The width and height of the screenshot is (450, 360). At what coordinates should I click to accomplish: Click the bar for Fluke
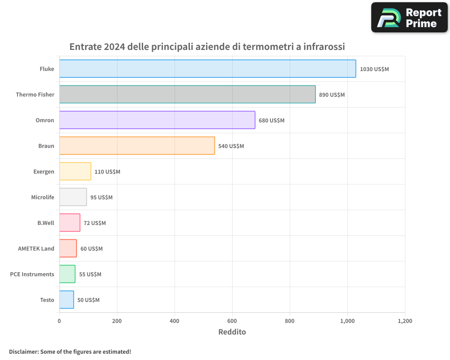[207, 69]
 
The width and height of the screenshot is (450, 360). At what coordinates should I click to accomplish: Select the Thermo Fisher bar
[187, 94]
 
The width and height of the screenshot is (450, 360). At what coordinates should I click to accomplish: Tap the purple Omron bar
[157, 120]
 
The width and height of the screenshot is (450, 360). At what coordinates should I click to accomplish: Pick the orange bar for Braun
[137, 146]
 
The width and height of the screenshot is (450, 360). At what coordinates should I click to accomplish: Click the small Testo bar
[67, 300]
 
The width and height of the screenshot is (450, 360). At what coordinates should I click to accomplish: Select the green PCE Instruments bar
[67, 274]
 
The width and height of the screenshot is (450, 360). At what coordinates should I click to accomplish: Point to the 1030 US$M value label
[374, 69]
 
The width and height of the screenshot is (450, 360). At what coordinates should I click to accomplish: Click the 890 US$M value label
[332, 95]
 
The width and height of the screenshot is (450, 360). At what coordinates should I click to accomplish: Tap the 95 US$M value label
[101, 198]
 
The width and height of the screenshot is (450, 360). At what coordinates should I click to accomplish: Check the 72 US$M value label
[94, 223]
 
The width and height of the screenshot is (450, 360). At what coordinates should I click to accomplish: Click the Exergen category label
[44, 171]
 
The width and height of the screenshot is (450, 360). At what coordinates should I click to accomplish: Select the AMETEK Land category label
[36, 248]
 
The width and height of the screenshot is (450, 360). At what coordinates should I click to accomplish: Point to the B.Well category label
[45, 223]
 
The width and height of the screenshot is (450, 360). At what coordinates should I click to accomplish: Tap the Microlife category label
[43, 197]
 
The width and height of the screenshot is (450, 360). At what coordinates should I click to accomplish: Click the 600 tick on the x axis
[232, 321]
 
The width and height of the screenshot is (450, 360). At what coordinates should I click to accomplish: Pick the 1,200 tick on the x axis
[405, 321]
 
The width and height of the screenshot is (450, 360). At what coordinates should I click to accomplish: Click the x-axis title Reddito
[232, 332]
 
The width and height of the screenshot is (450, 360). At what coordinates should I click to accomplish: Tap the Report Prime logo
[409, 18]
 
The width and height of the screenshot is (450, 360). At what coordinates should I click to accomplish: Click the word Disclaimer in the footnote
[23, 351]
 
